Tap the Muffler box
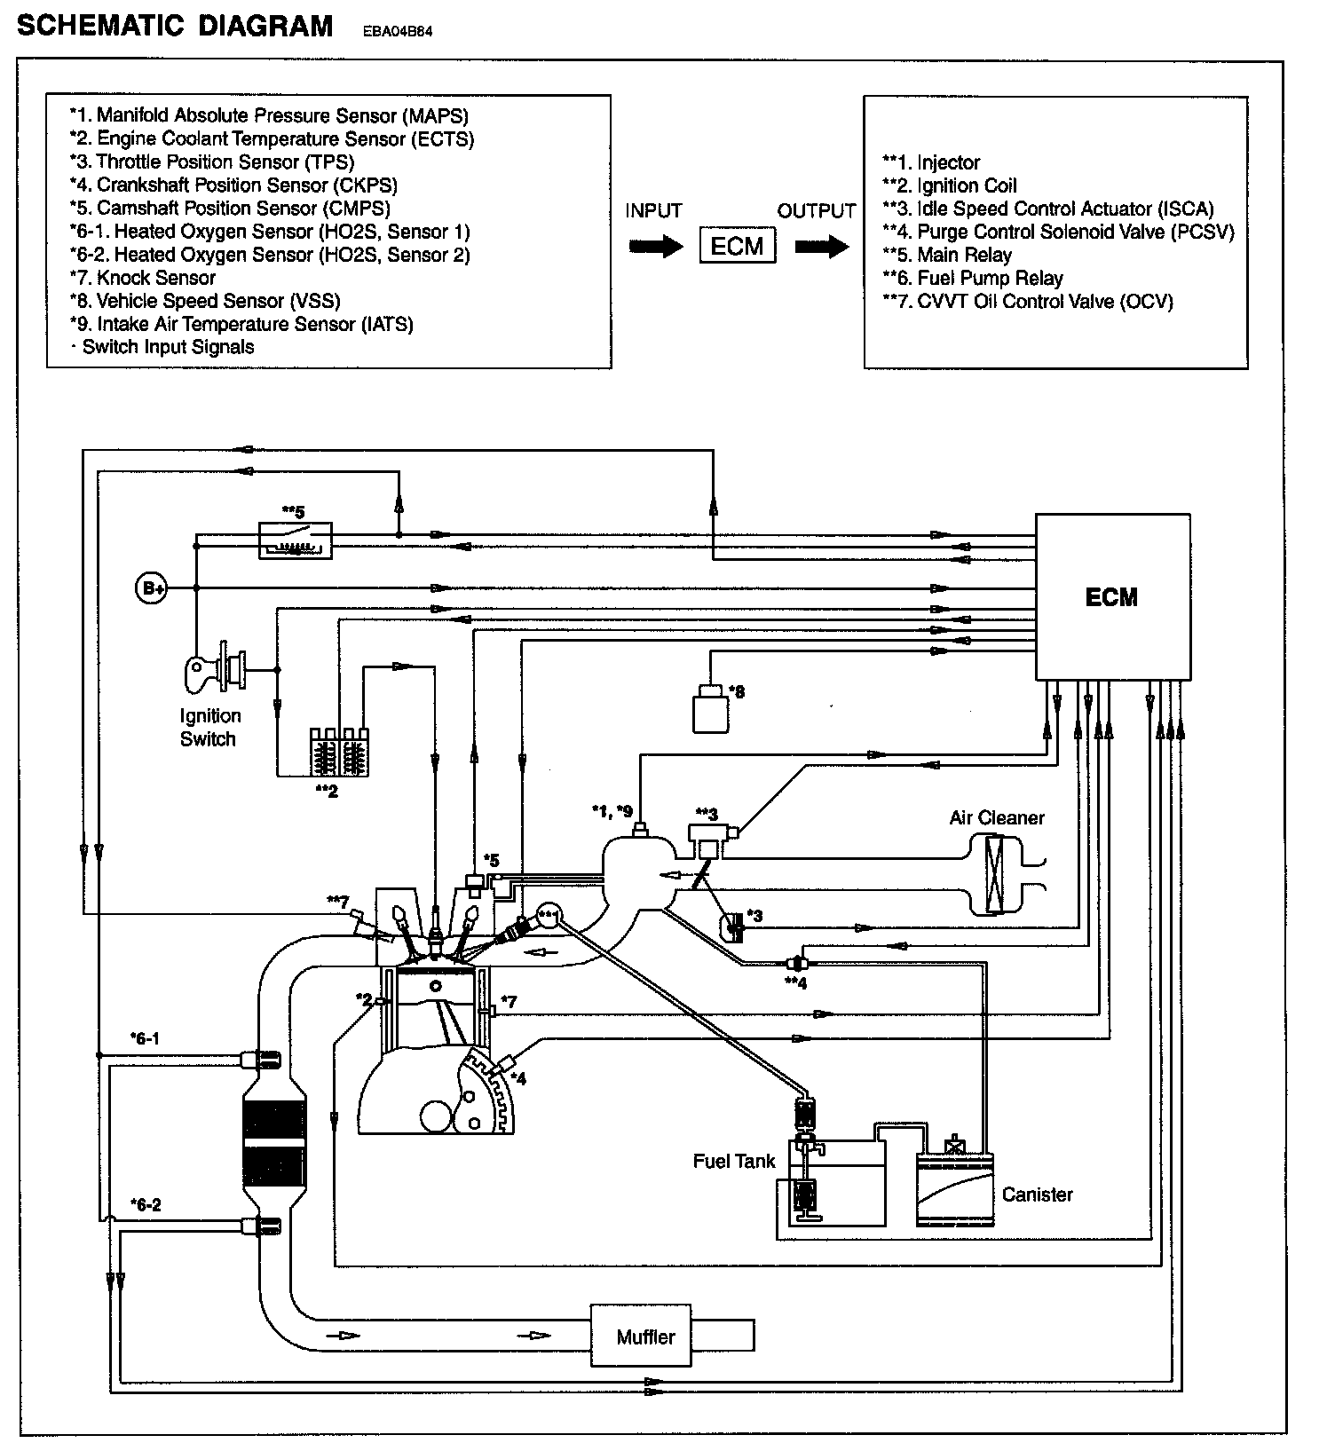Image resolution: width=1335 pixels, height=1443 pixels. tap(645, 1336)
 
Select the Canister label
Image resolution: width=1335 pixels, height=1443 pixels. tap(1037, 1195)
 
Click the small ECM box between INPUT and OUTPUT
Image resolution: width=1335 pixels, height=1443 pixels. tap(737, 246)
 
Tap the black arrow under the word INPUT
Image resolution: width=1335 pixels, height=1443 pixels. tap(656, 247)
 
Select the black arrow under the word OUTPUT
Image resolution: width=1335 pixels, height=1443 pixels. tap(821, 247)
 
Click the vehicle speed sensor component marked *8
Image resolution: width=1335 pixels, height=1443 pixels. tap(710, 709)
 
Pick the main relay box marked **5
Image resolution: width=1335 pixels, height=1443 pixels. tap(295, 540)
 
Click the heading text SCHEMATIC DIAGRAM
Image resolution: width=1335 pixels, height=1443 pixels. tap(175, 27)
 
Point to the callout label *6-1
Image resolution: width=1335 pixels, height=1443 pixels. tap(145, 1037)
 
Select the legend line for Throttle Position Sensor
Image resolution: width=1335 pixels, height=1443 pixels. tap(212, 162)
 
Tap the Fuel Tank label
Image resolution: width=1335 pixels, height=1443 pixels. tap(734, 1161)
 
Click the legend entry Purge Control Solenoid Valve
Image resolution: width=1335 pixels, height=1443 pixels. tap(1058, 232)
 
